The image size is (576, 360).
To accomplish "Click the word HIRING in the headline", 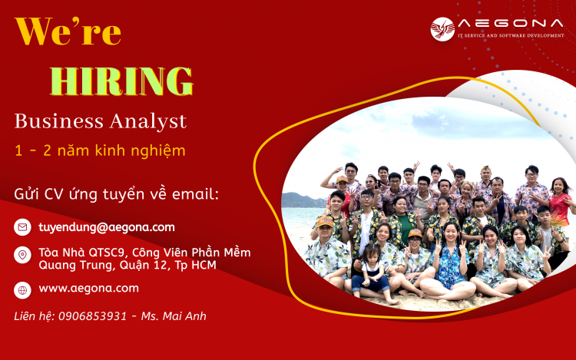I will click(121, 81).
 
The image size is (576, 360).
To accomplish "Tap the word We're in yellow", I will click(68, 32).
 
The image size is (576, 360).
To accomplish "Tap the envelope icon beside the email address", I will click(22, 227).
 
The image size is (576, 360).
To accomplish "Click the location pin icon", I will click(22, 255).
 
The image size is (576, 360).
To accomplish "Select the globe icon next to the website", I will click(22, 289).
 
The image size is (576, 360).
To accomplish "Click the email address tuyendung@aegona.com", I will click(107, 227).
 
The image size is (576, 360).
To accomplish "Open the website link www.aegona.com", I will click(88, 289).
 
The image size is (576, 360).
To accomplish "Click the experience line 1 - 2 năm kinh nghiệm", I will click(100, 150).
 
